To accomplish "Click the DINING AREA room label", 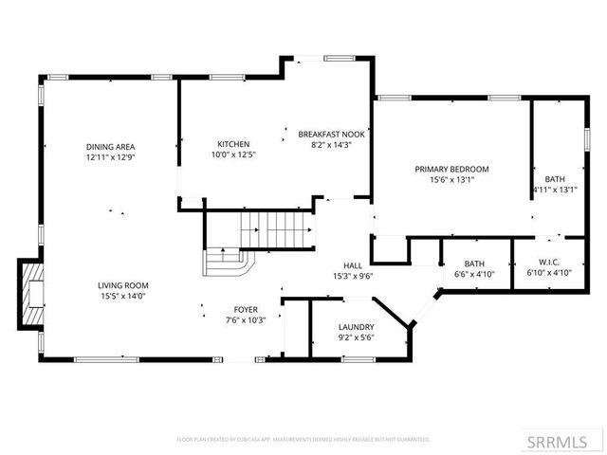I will tap(111, 146).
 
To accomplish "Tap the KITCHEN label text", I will tap(232, 144).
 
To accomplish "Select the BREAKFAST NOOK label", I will tap(331, 135).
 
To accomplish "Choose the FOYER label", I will tap(246, 310).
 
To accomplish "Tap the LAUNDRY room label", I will tap(357, 327).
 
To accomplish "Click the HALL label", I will tap(352, 266).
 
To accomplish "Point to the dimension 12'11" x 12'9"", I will tap(111, 156).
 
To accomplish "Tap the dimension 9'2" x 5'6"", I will tap(357, 337).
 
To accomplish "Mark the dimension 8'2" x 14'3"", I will tap(331, 145).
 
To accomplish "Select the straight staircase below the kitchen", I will tap(276, 228).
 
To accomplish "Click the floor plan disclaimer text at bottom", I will tap(303, 440).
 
